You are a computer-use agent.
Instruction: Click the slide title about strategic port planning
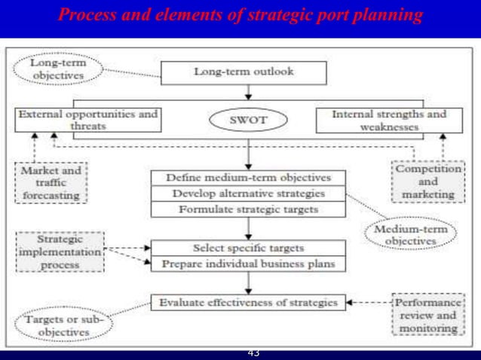[240, 17]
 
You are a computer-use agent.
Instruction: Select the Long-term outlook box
[244, 72]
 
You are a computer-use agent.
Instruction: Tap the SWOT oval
[248, 120]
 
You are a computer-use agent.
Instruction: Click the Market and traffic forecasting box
[51, 184]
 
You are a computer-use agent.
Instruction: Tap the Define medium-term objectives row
[248, 178]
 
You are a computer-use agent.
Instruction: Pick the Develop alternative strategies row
[248, 194]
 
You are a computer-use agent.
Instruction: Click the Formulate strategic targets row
[248, 209]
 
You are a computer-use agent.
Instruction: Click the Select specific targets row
[248, 249]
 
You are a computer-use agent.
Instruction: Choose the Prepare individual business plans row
[248, 264]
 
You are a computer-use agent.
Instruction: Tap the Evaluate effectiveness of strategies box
[248, 302]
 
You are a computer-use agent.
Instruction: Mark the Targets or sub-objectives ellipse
[61, 325]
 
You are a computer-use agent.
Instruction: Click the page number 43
[253, 353]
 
